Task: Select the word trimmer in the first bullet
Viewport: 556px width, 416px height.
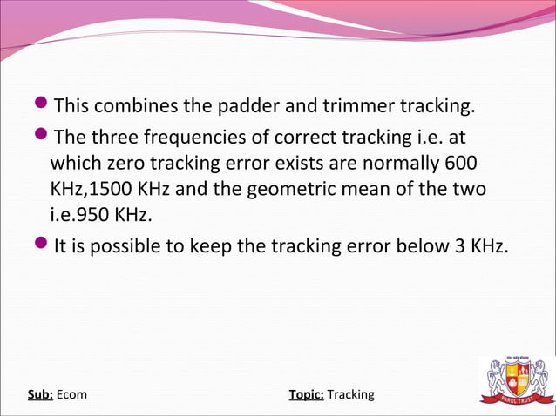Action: pyautogui.click(x=347, y=107)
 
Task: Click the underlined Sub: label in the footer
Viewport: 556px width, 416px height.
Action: pyautogui.click(x=40, y=395)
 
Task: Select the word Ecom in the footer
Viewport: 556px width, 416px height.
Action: pyautogui.click(x=72, y=395)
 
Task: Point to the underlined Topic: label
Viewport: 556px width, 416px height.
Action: pyautogui.click(x=306, y=395)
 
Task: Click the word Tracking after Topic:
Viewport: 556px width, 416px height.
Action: pyautogui.click(x=350, y=395)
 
